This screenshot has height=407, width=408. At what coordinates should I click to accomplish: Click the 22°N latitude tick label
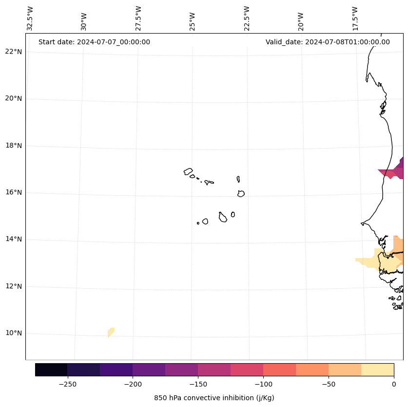click(14, 52)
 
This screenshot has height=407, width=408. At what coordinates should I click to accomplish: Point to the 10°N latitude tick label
click(14, 333)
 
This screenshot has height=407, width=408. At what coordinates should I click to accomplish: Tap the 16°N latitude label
click(14, 192)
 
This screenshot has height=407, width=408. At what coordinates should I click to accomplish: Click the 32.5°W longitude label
click(30, 18)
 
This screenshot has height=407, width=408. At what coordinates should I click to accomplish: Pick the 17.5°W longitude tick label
click(355, 18)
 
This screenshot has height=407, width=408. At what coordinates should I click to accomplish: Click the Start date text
click(94, 42)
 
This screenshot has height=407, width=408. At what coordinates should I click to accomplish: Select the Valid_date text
click(328, 42)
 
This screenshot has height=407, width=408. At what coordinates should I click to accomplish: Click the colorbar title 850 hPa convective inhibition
click(214, 398)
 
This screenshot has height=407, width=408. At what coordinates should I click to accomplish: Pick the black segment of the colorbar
click(51, 370)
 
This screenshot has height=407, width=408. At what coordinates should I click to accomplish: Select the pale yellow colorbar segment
click(377, 370)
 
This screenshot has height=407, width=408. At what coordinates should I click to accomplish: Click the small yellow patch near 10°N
click(111, 332)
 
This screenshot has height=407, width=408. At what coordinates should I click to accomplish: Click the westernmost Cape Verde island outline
click(188, 171)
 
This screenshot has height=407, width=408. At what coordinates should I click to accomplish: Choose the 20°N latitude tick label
click(14, 98)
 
